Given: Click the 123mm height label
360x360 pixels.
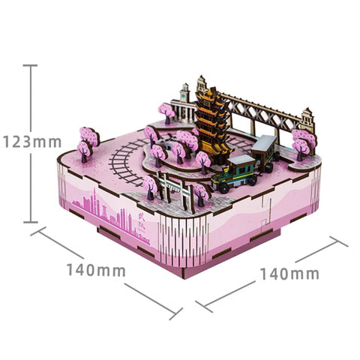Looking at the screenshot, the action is click(32, 142).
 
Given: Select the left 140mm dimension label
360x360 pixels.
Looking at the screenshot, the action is click(96, 270).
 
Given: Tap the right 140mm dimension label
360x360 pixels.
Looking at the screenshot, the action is click(289, 274).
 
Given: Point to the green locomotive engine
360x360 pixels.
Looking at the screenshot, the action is click(235, 173).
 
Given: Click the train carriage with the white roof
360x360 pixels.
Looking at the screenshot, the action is click(265, 152).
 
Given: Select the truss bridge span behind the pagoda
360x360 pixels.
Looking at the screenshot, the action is click(260, 110).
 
